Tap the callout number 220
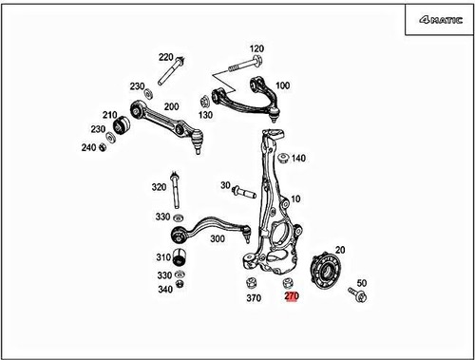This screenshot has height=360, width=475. point(166,57)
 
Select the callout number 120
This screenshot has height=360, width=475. point(256,48)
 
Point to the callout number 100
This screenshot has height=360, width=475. point(282,85)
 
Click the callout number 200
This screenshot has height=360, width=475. point(171,107)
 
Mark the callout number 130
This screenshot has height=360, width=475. point(206,115)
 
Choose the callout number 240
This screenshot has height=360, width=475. point(88,147)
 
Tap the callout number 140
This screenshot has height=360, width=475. point(298,158)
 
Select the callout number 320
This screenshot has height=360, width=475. point(158,188)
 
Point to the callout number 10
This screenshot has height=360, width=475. point(296,199)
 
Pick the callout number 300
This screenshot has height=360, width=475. point(218,239)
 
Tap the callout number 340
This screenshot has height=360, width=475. point(165,289)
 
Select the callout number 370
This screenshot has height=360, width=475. point(253,298)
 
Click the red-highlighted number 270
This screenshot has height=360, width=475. point(292,297)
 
